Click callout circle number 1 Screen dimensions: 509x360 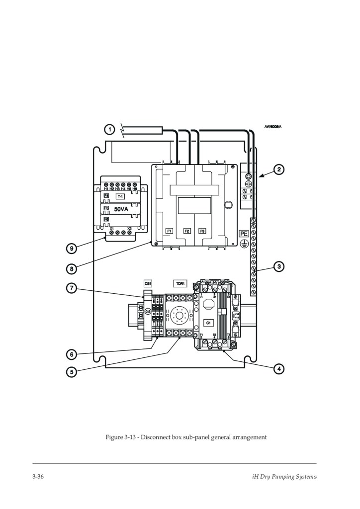coord(108,130)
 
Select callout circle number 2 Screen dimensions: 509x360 coord(279,170)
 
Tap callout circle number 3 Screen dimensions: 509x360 coord(279,267)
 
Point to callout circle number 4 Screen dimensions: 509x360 coord(279,369)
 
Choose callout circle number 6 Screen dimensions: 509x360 coord(72,354)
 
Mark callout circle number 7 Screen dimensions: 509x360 coord(72,288)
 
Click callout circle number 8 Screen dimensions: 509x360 coord(72,269)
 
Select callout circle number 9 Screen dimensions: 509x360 coord(72,248)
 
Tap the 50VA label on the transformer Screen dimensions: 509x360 coord(121,209)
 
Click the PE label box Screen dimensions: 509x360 coord(244,233)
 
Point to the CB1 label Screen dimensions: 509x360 coord(148,283)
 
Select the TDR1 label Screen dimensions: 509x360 coord(180,283)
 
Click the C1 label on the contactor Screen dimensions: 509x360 coord(209,323)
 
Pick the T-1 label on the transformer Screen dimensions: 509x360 coord(120,197)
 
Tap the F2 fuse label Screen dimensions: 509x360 coord(187,231)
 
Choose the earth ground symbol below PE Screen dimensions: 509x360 coord(244,243)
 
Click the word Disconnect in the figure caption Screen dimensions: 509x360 coord(156,437)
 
